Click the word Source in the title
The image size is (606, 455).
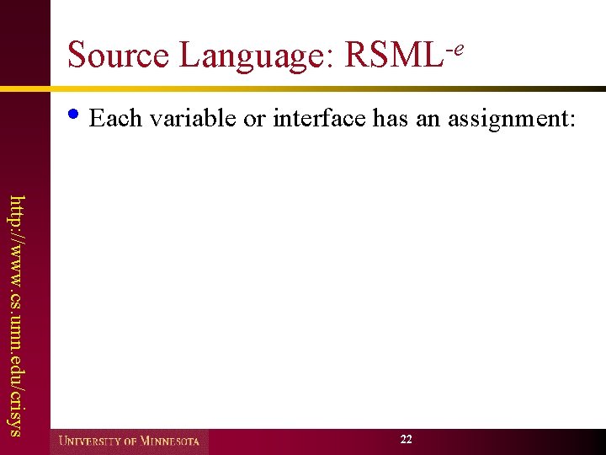[x=119, y=56]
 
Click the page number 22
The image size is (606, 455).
[x=407, y=440]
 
